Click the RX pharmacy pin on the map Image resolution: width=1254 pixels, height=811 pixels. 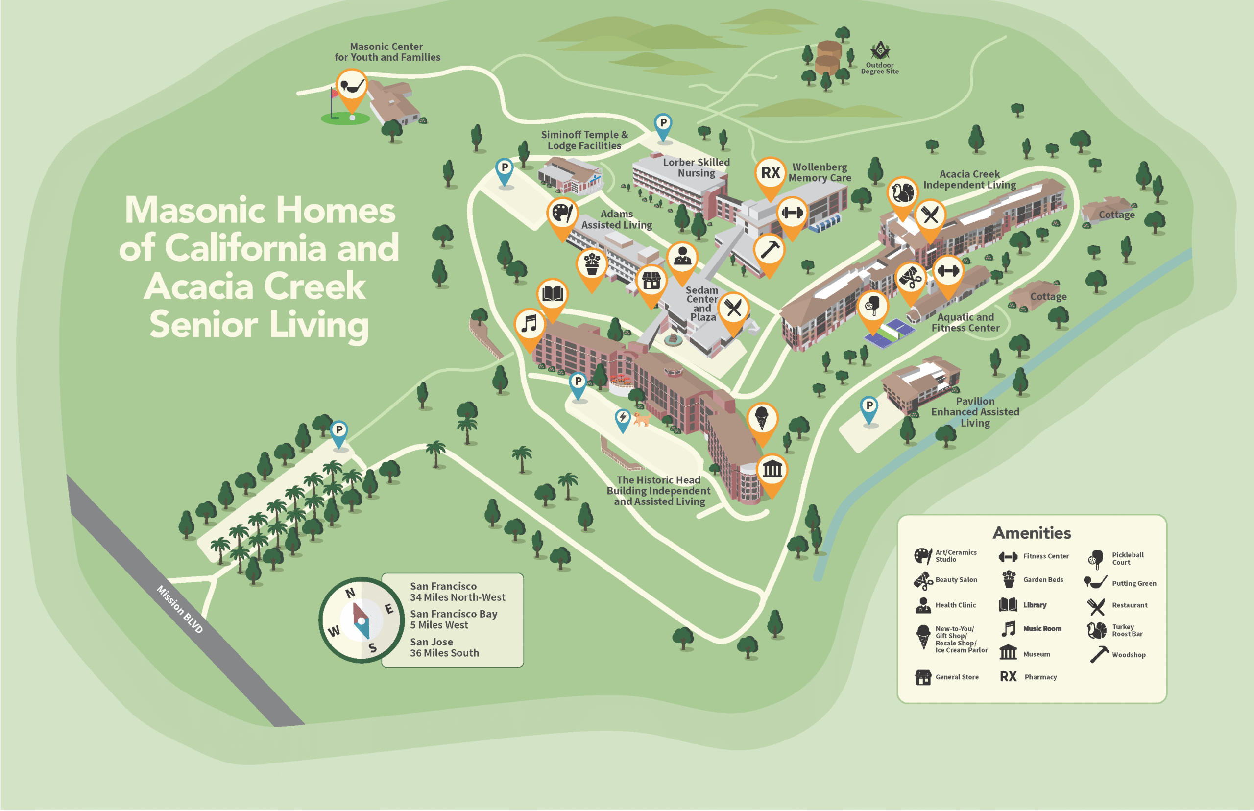click(770, 173)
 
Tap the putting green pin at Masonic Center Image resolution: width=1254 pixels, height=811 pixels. click(351, 85)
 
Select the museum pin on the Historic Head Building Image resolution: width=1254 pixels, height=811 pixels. click(772, 469)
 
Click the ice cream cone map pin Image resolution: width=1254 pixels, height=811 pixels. click(762, 419)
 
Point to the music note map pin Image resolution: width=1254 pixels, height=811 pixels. click(530, 324)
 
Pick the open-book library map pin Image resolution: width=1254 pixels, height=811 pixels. click(553, 294)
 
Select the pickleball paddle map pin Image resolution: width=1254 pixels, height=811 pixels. click(873, 306)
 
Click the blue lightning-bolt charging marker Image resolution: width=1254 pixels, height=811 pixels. click(623, 418)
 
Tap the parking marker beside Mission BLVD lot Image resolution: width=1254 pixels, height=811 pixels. click(339, 431)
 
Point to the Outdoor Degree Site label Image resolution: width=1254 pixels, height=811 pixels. click(880, 68)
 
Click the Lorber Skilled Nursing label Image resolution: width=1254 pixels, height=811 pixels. click(696, 167)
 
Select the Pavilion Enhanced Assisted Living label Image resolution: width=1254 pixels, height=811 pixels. click(974, 412)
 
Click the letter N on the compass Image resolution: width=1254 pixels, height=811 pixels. click(350, 594)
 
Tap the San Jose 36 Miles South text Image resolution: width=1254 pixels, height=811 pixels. click(444, 647)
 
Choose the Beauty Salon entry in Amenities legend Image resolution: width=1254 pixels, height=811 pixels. click(955, 580)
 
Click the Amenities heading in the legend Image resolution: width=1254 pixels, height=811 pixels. click(1031, 533)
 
